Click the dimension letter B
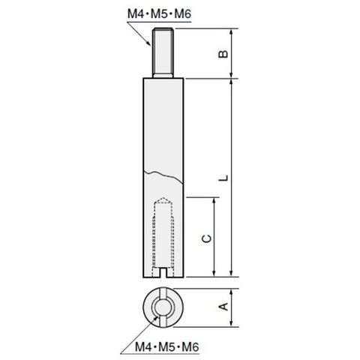click(x=223, y=54)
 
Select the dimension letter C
click(x=207, y=238)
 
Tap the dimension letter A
click(x=223, y=306)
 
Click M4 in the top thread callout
click(x=136, y=13)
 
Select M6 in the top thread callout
click(x=182, y=13)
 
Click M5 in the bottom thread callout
click(x=167, y=346)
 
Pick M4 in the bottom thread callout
click(x=144, y=346)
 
